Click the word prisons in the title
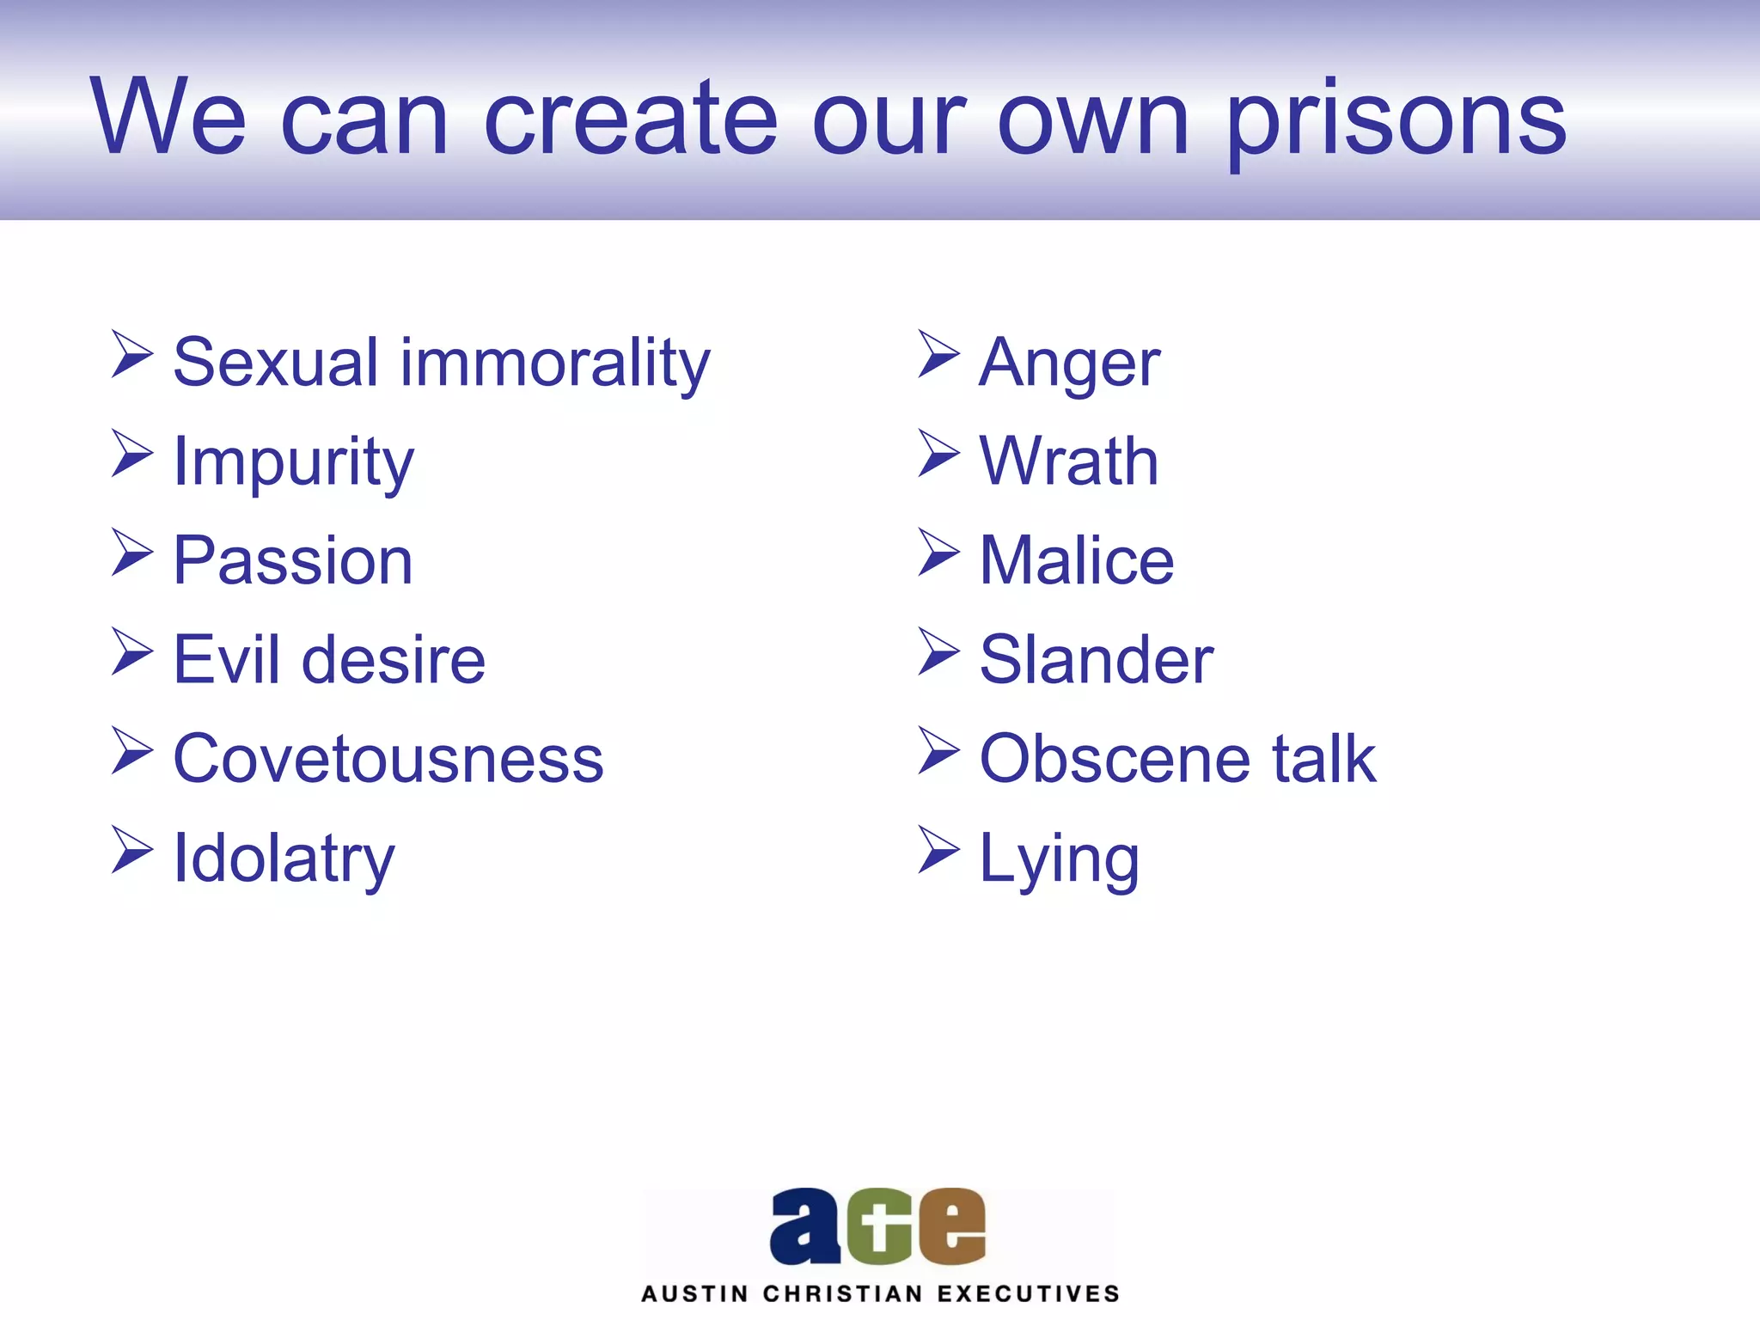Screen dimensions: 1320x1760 coord(1396,120)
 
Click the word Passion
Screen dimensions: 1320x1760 coord(292,560)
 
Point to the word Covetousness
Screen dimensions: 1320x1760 coord(388,759)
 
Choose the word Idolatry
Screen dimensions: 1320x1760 coord(284,859)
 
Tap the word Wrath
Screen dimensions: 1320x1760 coord(1069,461)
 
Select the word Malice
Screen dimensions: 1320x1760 coord(1076,560)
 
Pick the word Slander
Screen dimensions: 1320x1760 coord(1096,660)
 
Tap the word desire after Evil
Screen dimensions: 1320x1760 coord(394,660)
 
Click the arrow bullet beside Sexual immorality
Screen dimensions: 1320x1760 coord(131,354)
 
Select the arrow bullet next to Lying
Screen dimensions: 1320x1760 coord(938,850)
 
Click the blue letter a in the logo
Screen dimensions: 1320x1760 coord(805,1226)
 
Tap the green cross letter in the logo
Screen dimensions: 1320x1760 coord(878,1227)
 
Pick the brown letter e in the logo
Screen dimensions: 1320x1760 coord(951,1226)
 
